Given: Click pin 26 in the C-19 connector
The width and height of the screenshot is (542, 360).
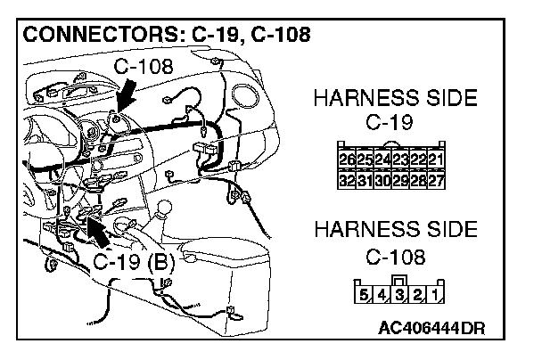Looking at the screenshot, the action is (347, 160).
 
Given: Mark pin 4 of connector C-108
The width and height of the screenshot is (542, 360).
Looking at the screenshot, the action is (380, 293).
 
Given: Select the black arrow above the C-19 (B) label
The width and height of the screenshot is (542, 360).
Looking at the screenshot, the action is (98, 231).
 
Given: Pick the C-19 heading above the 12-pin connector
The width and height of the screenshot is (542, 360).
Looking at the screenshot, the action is (395, 121).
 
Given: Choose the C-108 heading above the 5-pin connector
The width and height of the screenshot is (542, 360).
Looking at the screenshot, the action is (395, 258).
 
